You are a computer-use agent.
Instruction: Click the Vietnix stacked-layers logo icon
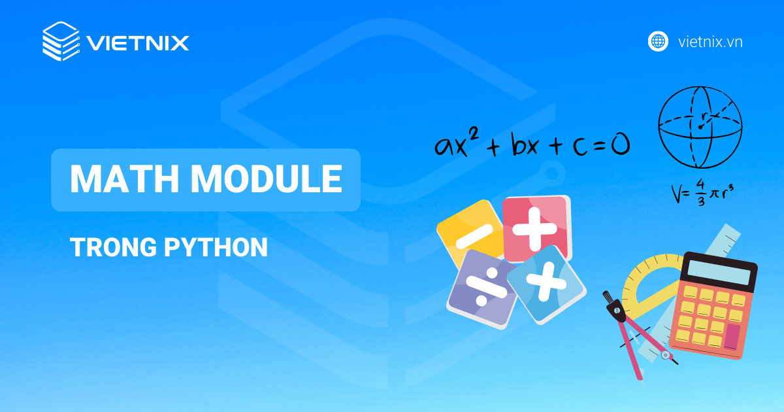point(61,41)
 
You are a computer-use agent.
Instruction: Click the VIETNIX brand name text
point(138,43)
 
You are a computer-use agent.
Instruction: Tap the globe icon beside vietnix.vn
point(658,42)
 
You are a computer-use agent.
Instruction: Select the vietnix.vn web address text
point(710,42)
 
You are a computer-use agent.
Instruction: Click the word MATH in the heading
point(125,179)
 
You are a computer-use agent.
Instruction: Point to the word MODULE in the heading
point(267,179)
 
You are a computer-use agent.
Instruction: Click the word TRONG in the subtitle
point(114,247)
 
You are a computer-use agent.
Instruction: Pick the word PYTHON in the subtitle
point(216,247)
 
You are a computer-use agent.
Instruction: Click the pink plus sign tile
point(536,229)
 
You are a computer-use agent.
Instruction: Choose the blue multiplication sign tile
point(546,283)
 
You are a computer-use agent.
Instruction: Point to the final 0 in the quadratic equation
point(620,145)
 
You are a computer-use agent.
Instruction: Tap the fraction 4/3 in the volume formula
point(700,192)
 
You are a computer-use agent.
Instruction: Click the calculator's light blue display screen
point(719,272)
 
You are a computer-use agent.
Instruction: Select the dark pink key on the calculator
point(732,337)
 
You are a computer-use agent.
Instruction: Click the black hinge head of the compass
point(616,307)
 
